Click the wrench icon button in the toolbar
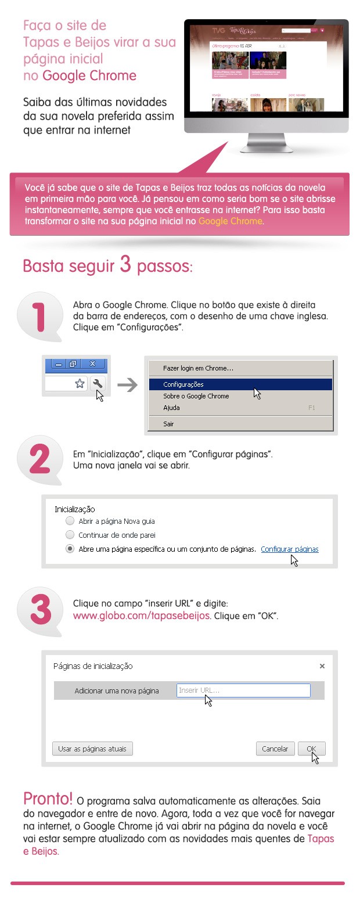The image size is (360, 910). click(97, 383)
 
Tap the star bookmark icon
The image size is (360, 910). click(80, 383)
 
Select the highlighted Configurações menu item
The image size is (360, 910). click(183, 384)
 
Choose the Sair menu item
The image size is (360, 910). click(168, 424)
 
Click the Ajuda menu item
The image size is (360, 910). click(171, 408)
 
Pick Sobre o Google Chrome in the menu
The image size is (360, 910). click(196, 396)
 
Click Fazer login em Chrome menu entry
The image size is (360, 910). click(198, 368)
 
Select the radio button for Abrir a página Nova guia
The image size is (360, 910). click(70, 521)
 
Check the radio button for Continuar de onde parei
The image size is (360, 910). click(70, 535)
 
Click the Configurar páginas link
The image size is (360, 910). click(289, 549)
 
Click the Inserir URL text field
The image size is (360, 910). click(243, 690)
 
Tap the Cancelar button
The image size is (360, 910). click(275, 749)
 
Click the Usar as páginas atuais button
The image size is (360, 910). click(92, 749)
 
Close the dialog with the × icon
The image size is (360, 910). click(322, 666)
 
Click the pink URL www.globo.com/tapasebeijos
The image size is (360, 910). click(141, 616)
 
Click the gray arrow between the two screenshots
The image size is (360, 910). click(131, 384)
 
